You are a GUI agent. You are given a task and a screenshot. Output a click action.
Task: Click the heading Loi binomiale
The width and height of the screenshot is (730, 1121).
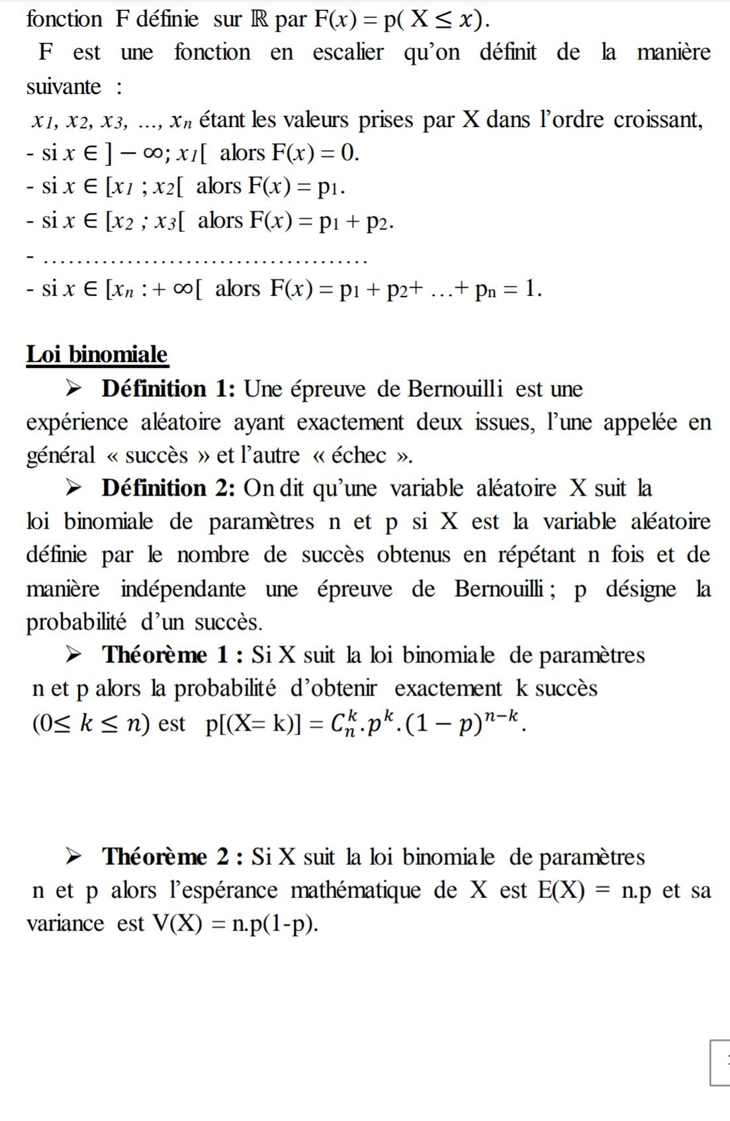click(97, 354)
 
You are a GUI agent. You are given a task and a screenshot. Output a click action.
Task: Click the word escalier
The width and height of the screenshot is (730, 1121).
click(348, 52)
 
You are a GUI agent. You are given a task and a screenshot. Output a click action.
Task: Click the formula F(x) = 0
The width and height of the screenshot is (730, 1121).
click(314, 153)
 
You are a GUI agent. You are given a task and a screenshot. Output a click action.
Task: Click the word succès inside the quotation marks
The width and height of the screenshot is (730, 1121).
click(156, 455)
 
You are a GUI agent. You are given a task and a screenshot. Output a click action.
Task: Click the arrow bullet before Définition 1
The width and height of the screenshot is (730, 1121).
click(74, 388)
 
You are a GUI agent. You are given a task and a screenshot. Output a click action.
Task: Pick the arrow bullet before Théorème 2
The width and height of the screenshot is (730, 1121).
click(74, 857)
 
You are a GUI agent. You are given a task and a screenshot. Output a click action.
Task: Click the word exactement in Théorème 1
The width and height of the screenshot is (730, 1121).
click(448, 689)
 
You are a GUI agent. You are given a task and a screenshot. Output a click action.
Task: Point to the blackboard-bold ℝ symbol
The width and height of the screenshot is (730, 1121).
click(259, 19)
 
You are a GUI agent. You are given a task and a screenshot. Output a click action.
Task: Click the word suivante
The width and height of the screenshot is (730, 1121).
click(64, 87)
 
